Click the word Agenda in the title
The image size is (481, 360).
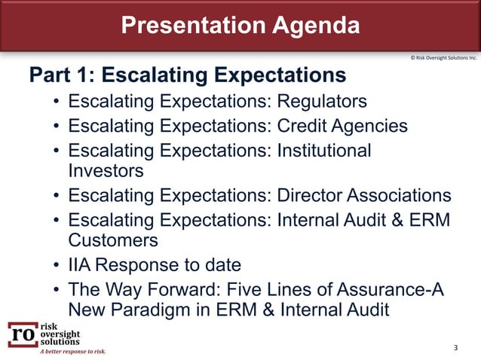pos(310,26)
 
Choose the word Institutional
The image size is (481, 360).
pos(324,150)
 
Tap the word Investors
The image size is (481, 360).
pos(106,170)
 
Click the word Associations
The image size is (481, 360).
pos(399,196)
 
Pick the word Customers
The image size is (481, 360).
pos(113,240)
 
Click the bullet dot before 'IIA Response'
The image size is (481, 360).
pos(57,266)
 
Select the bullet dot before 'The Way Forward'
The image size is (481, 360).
pos(57,290)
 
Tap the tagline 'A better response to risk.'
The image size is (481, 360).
pos(73,351)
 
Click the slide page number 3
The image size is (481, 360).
pos(455,347)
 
